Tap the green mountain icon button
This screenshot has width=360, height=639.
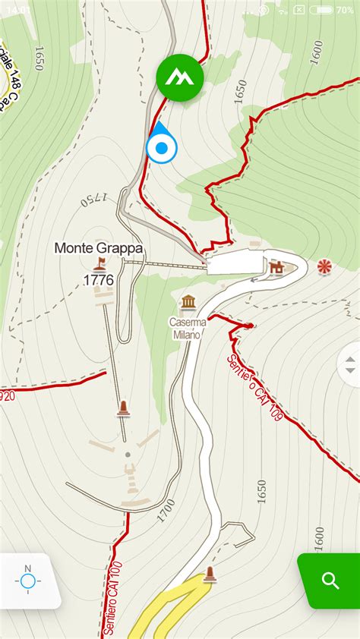coord(180,77)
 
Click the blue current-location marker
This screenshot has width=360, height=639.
coord(160,147)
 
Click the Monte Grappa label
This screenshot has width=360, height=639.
coord(99,248)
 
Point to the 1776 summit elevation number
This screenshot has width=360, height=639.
coord(98,280)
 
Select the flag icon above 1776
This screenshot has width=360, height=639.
coord(99,264)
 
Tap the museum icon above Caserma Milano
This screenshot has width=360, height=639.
coord(188,303)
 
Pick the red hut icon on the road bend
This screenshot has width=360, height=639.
coord(276,267)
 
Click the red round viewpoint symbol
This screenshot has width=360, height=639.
coord(324,266)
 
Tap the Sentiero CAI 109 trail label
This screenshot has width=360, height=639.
coord(254,387)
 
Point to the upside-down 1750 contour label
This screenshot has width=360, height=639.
coord(93,200)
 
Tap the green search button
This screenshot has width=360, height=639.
coord(330,581)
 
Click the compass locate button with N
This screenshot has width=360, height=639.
coord(28,581)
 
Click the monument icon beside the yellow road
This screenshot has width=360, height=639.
coord(210,575)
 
